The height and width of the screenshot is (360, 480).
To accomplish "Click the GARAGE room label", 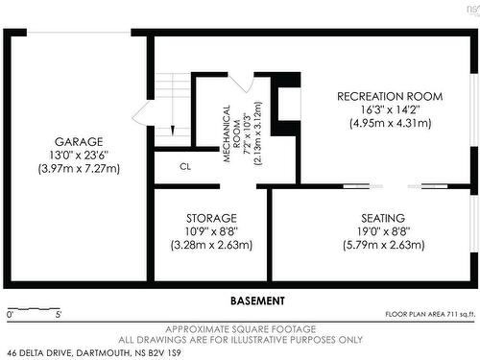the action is click(x=79, y=141).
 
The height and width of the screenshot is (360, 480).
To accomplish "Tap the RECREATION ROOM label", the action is click(x=390, y=96).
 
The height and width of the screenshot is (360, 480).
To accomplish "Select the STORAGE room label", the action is click(x=211, y=218).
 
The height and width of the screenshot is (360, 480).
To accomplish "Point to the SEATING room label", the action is click(x=383, y=218).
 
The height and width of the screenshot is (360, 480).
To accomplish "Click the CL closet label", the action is click(x=185, y=166).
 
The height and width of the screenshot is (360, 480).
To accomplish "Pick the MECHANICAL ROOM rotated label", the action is click(x=231, y=133).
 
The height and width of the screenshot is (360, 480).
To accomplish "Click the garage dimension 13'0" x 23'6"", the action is click(x=79, y=155).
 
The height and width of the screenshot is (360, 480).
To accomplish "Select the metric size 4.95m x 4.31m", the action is click(x=390, y=123).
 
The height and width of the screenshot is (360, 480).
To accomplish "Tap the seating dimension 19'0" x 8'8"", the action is click(x=383, y=231).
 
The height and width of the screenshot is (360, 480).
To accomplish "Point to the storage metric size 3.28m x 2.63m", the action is click(x=211, y=245).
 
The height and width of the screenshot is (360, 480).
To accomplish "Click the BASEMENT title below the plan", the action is click(x=257, y=300).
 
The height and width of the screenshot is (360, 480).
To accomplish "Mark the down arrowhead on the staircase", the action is click(x=173, y=131).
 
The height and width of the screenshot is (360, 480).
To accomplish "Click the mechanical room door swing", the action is click(x=241, y=83).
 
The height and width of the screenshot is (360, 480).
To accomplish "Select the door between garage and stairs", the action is click(x=141, y=112).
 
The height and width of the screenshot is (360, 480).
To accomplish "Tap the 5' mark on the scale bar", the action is click(x=58, y=315).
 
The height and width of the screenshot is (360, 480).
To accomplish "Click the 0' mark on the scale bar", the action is click(x=11, y=315).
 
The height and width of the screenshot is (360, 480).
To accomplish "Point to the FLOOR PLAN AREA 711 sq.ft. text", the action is click(x=430, y=314).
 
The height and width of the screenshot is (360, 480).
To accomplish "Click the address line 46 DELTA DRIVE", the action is click(x=94, y=353).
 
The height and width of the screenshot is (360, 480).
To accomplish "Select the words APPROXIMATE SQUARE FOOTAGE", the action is click(x=241, y=329).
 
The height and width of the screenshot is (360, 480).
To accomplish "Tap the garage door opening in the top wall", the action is click(x=79, y=33).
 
